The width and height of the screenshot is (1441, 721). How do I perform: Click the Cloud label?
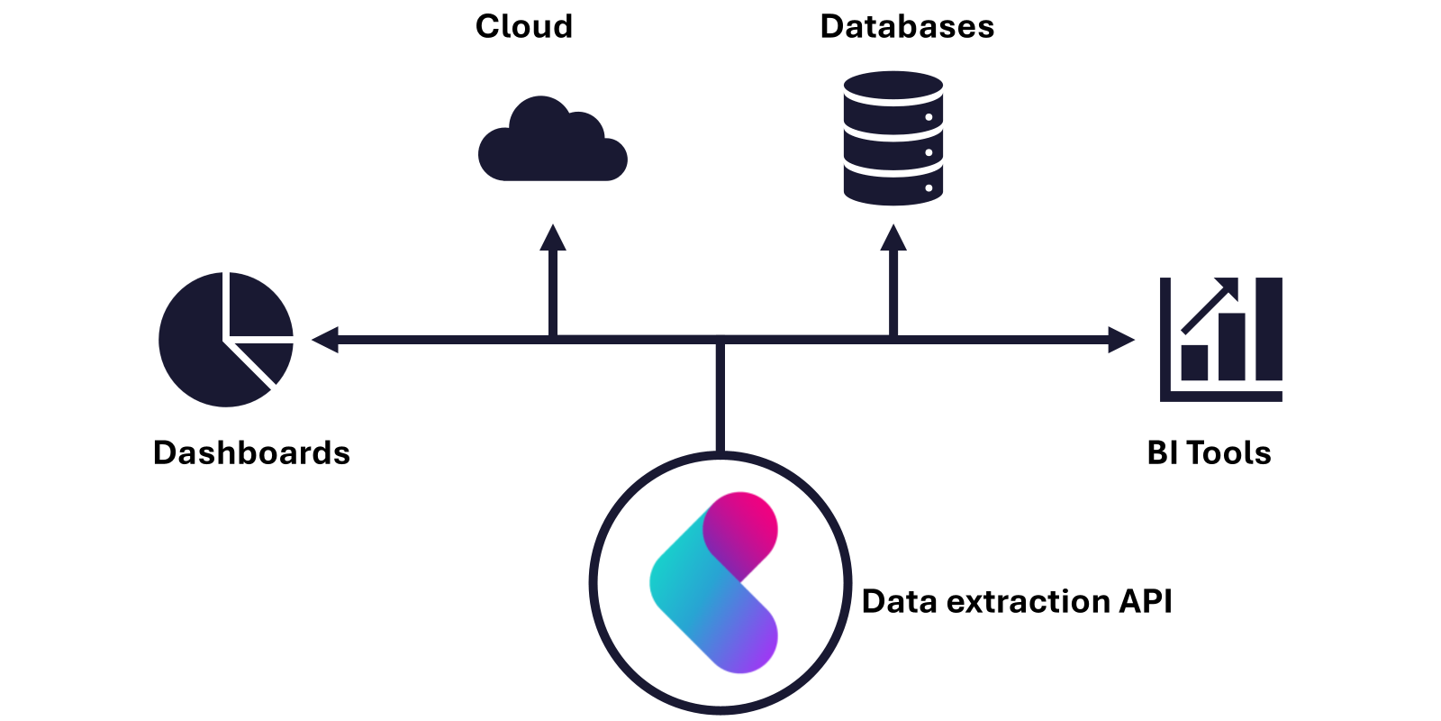pos(523,26)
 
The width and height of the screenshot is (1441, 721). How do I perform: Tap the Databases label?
pos(907,26)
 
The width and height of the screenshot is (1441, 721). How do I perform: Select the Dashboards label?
pos(251,452)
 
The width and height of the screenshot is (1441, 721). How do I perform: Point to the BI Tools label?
pos(1209,452)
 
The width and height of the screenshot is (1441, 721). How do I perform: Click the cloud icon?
pos(553,139)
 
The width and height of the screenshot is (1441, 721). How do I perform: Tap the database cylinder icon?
pos(893,138)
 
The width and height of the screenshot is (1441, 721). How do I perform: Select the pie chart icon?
pos(226,339)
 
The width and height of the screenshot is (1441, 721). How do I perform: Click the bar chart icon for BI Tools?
pos(1221,339)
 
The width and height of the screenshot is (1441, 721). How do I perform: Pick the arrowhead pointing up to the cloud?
pos(553,238)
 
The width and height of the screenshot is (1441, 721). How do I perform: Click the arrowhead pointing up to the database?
pos(893,238)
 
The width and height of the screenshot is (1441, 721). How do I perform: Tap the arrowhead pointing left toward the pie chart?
pos(325,340)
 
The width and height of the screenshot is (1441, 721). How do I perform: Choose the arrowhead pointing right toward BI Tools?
pos(1121,340)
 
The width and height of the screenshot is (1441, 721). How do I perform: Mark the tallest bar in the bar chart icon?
pos(1269,329)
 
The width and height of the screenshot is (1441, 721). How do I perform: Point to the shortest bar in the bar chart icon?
pos(1194,362)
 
